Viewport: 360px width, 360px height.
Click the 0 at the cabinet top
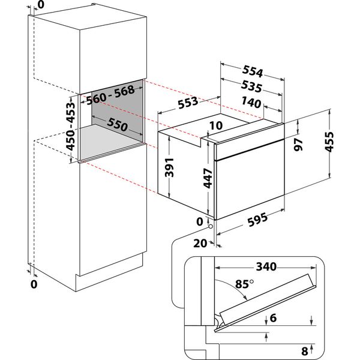40,5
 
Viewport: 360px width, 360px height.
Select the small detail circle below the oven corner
209,226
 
